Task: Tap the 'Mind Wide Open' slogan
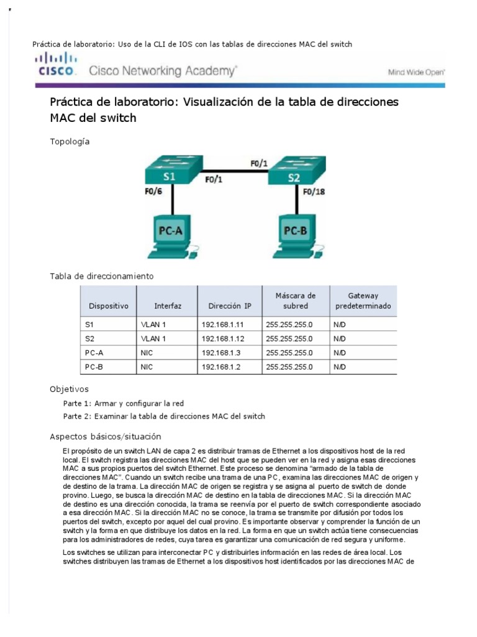point(416,72)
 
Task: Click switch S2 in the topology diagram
point(294,170)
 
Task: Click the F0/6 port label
point(153,192)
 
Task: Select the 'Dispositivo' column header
point(108,306)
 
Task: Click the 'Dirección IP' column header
point(230,306)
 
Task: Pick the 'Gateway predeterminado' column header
point(363,301)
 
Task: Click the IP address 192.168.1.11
point(222,325)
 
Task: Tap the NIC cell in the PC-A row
point(147,353)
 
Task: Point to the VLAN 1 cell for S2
point(153,339)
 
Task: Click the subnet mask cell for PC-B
point(289,367)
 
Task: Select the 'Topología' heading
point(70,142)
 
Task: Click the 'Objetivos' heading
point(70,389)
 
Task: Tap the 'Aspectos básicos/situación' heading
point(105,436)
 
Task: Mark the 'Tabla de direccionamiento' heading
point(102,276)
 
